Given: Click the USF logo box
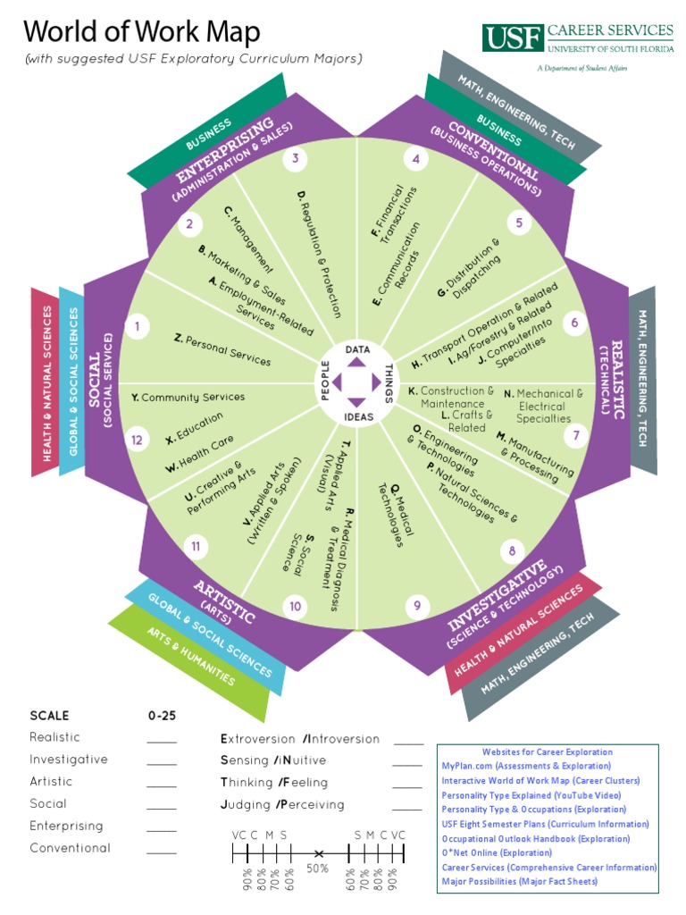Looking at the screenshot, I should pyautogui.click(x=513, y=38).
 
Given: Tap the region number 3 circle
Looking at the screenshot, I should pyautogui.click(x=295, y=160).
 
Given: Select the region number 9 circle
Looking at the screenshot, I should pyautogui.click(x=416, y=607).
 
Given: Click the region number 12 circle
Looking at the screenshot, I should pyautogui.click(x=137, y=440).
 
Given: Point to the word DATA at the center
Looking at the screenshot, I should pyautogui.click(x=357, y=348).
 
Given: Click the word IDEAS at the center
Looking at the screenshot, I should pyautogui.click(x=357, y=417).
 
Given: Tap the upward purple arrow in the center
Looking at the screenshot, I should pyautogui.click(x=357, y=364).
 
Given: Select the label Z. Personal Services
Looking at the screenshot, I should pyautogui.click(x=222, y=349).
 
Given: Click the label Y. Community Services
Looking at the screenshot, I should pyautogui.click(x=188, y=397).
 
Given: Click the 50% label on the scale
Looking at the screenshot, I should pyautogui.click(x=318, y=868).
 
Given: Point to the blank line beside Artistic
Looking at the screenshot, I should pyautogui.click(x=162, y=785).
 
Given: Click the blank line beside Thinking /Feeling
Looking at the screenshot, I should pyautogui.click(x=407, y=786).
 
